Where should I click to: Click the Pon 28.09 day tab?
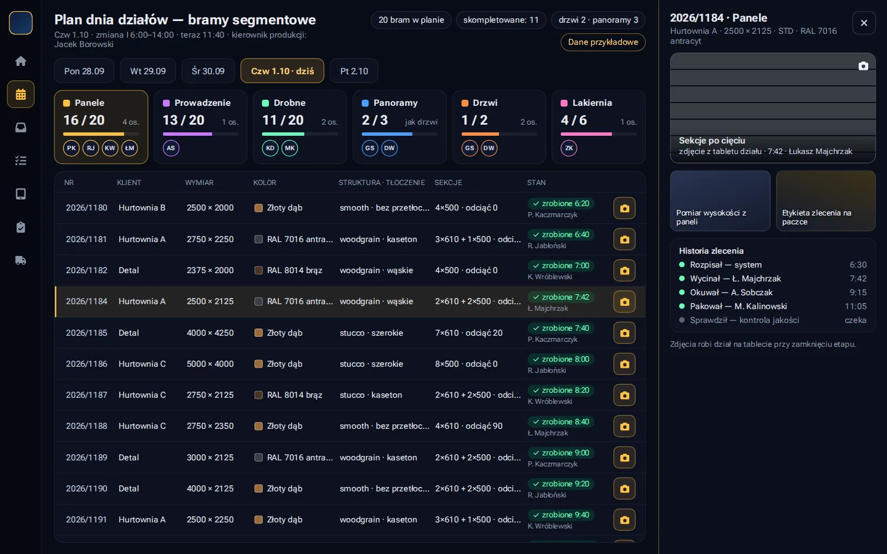[84, 71]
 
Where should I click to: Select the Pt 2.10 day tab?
[354, 71]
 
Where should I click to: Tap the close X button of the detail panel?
[864, 23]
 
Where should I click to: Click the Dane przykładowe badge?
[603, 42]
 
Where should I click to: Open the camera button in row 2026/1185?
[624, 333]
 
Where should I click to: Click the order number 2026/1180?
[86, 208]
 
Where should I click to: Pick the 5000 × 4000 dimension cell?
[210, 363]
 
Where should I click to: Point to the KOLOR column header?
[264, 182]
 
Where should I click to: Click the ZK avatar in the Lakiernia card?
[569, 148]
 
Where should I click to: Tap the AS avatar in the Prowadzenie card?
[171, 148]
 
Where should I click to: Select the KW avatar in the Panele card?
[110, 148]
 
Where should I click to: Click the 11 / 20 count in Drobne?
[283, 120]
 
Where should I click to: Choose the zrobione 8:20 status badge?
[560, 390]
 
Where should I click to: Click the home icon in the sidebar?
[21, 61]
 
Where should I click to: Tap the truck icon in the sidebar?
[21, 260]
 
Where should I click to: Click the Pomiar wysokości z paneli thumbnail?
[720, 201]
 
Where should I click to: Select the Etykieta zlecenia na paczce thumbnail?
[825, 201]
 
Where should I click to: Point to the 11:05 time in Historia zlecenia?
[856, 306]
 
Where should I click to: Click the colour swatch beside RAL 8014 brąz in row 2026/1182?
[258, 270]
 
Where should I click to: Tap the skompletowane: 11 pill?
[501, 20]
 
